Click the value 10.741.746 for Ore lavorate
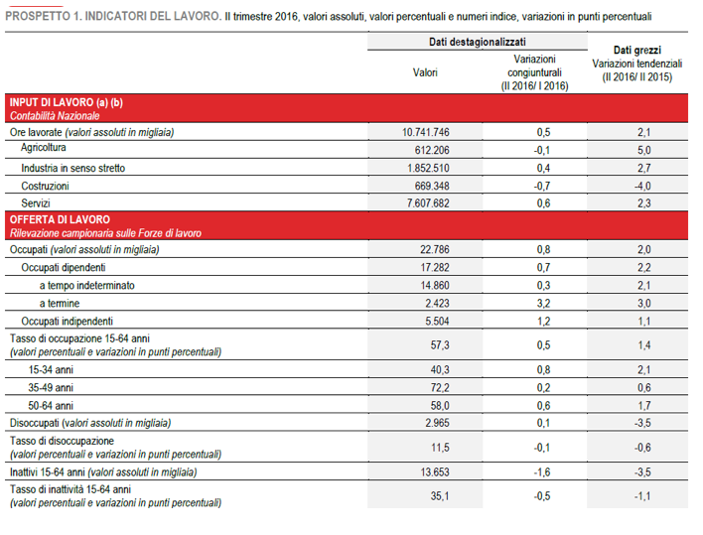(426, 132)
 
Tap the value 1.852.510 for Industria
(428, 168)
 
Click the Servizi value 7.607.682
(428, 203)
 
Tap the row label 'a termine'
(59, 303)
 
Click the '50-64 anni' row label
(53, 406)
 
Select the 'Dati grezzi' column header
(636, 49)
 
